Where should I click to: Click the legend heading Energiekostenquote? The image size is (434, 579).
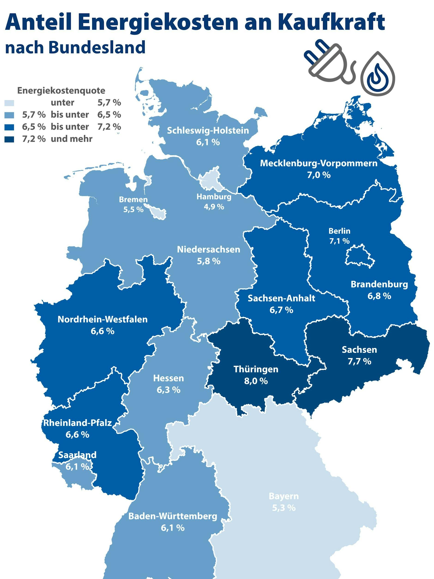tap(61, 91)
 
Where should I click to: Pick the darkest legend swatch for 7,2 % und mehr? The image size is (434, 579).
tap(9, 139)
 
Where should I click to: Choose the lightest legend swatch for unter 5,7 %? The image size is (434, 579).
tap(9, 103)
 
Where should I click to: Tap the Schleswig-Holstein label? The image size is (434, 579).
tap(208, 130)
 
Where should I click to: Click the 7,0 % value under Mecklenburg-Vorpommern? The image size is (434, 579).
tap(319, 175)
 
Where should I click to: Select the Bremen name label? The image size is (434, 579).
tap(133, 199)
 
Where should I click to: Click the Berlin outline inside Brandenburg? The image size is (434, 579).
tap(359, 255)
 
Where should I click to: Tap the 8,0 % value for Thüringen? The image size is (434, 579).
tap(256, 381)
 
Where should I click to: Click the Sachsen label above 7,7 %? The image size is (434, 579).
tap(359, 349)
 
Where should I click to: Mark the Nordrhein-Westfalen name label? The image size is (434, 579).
tap(102, 319)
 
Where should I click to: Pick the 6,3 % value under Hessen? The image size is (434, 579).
tap(169, 390)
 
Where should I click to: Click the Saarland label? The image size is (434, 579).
tap(77, 455)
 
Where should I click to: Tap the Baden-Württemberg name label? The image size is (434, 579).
tap(173, 516)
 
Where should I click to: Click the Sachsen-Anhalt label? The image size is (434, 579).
tap(281, 298)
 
